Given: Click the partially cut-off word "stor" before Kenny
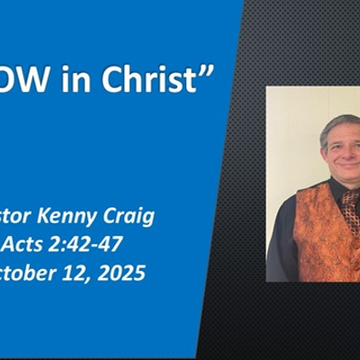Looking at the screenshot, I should coord(22,216).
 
